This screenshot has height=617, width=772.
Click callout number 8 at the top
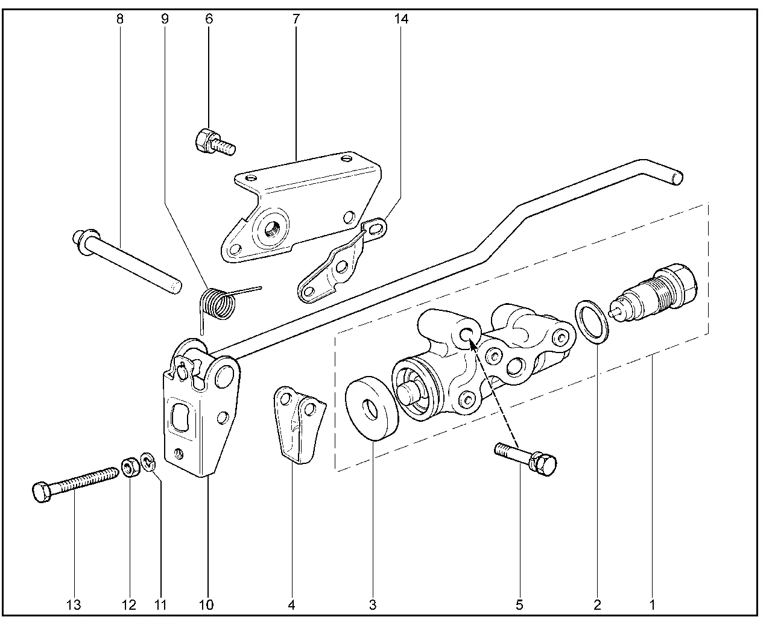pyautogui.click(x=119, y=19)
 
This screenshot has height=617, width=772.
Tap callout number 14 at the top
pyautogui.click(x=401, y=19)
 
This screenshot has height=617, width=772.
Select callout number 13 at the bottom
pyautogui.click(x=74, y=604)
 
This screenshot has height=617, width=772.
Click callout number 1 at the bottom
pyautogui.click(x=652, y=604)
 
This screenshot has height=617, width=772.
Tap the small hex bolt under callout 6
pyautogui.click(x=213, y=142)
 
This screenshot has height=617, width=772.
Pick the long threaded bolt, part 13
pyautogui.click(x=75, y=483)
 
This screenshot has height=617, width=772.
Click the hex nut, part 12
pyautogui.click(x=128, y=468)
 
